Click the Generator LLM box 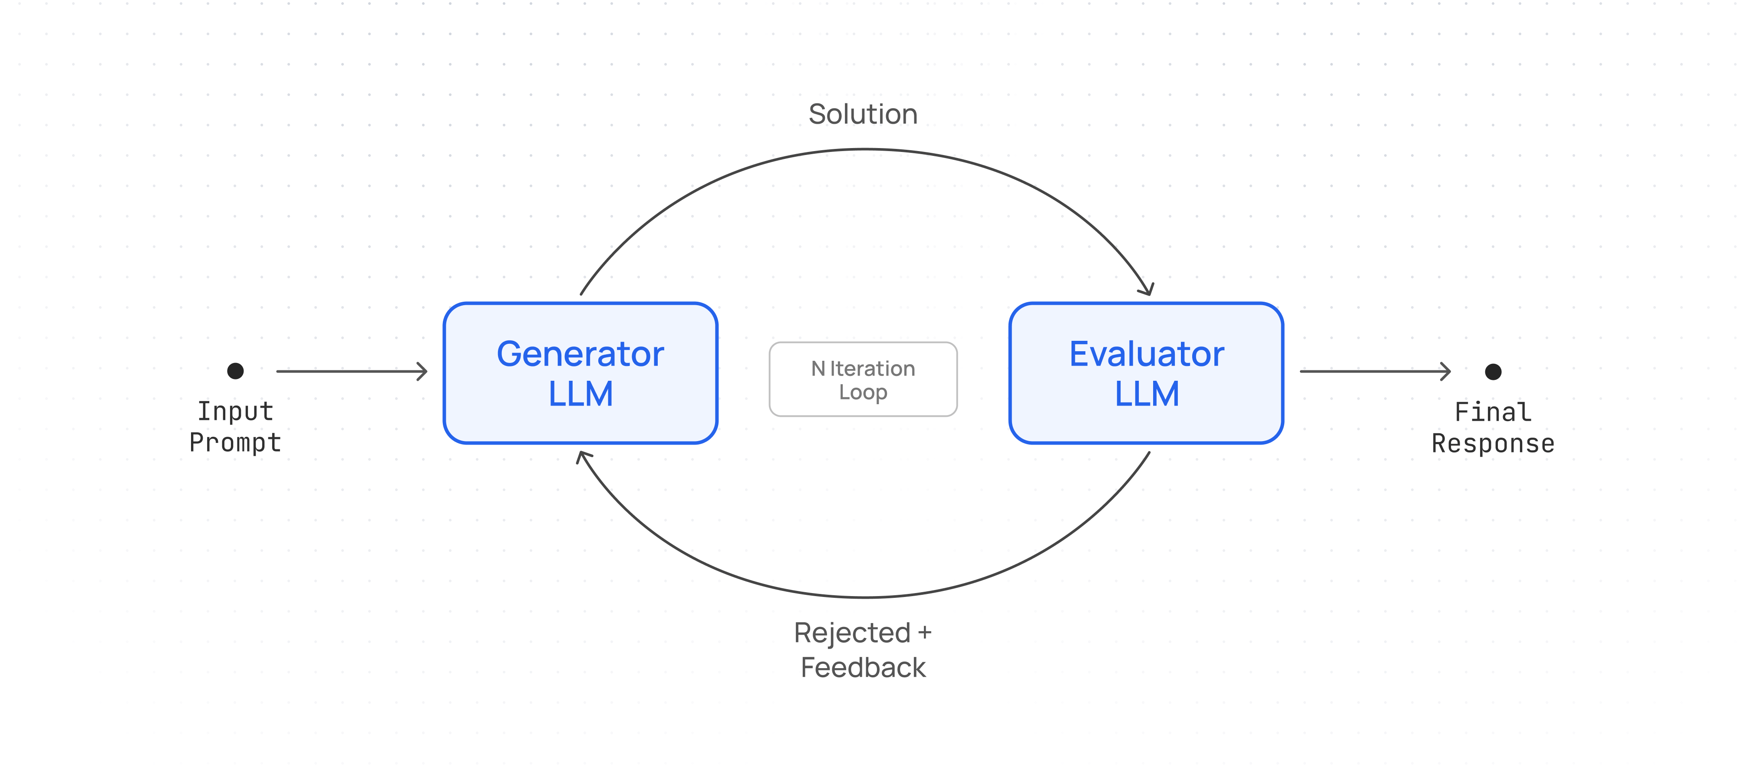pyautogui.click(x=580, y=373)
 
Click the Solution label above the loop pyautogui.click(x=863, y=114)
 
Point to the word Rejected pyautogui.click(x=852, y=633)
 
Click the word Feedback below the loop pyautogui.click(x=863, y=668)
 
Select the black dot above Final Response pyautogui.click(x=1493, y=372)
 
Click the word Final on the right pyautogui.click(x=1493, y=412)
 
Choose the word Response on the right pyautogui.click(x=1493, y=444)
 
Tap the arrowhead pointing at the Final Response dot pyautogui.click(x=1446, y=372)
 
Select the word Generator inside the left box pyautogui.click(x=580, y=354)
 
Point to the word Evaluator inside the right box pyautogui.click(x=1147, y=354)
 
